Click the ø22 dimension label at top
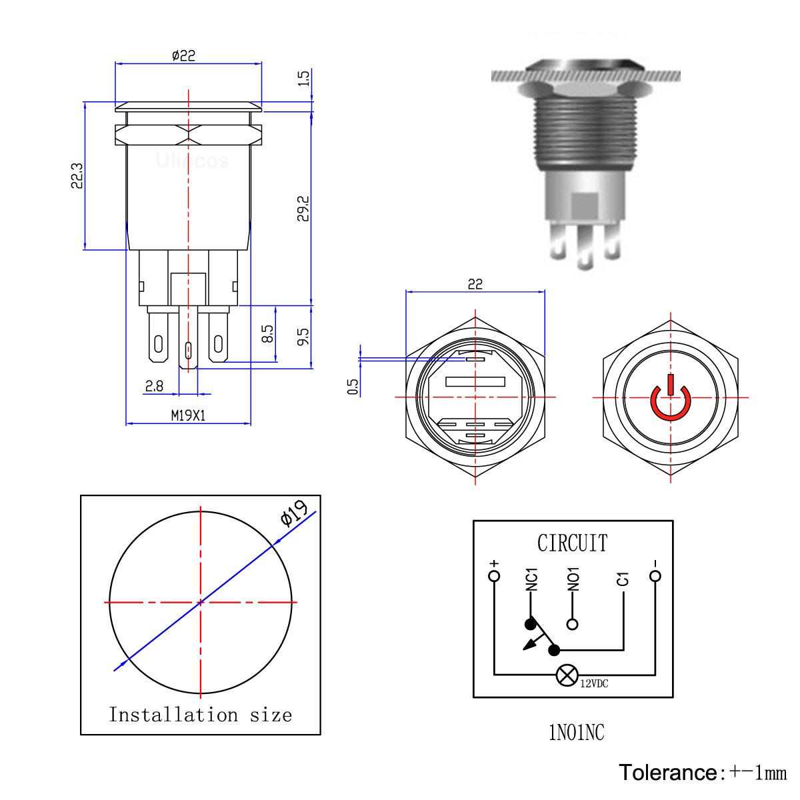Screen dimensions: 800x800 coord(183,56)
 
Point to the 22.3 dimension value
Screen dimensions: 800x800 coord(77,177)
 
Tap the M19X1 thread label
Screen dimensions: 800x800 coord(188,415)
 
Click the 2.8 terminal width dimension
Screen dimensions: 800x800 coord(154,386)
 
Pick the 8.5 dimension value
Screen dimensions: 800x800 coord(268,333)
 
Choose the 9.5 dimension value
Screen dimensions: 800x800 coord(303,336)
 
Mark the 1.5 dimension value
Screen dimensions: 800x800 coord(303,78)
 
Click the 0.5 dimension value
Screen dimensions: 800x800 coord(353,386)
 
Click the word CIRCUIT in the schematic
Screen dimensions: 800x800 coord(573,543)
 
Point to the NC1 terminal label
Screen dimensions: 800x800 coord(531,580)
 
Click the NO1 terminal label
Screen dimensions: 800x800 coord(573,580)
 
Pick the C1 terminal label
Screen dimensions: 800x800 coord(623,579)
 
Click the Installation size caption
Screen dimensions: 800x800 coord(201,715)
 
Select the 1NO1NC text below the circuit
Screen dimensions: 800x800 coord(573,733)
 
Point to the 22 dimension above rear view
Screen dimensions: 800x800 coord(475,284)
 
